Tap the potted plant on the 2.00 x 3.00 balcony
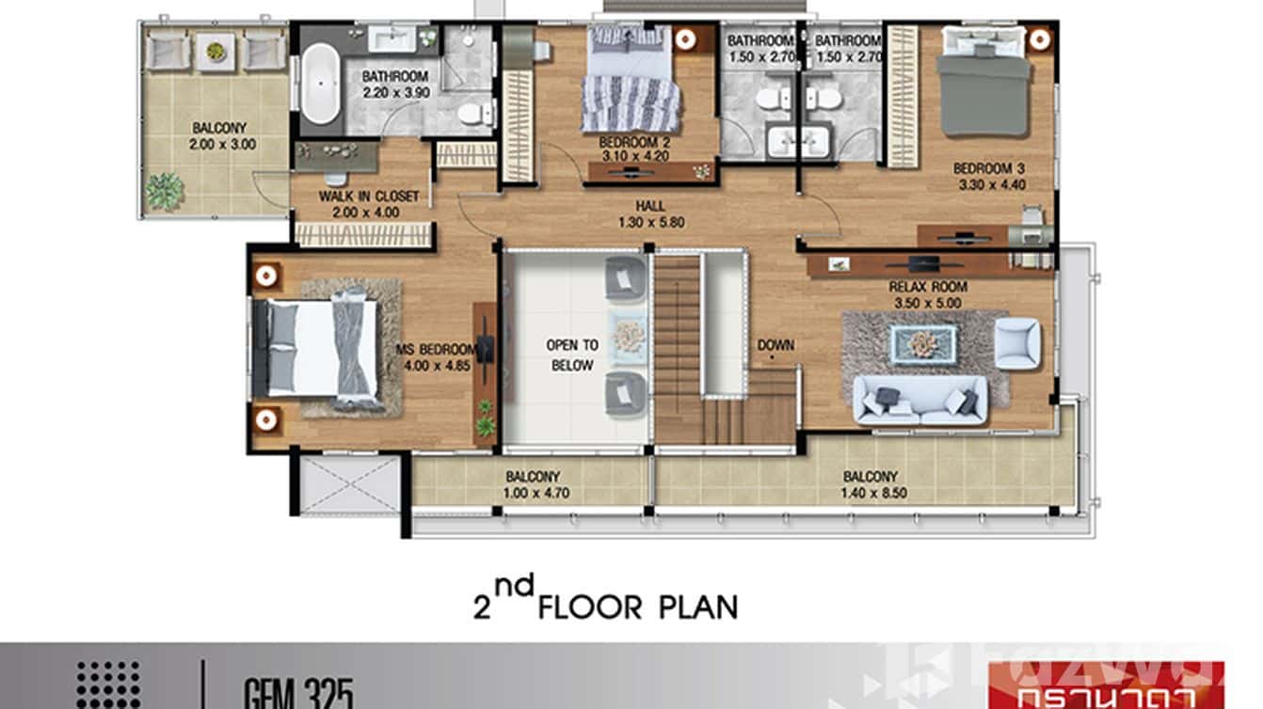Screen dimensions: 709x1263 point(165,192)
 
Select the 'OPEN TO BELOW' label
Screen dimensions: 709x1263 point(572,354)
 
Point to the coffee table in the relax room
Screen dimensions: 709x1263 point(923,344)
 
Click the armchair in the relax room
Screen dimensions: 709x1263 point(1016,343)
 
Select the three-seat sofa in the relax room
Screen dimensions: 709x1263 point(919,400)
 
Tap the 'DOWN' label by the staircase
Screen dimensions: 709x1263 point(775,345)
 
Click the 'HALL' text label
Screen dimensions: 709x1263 point(648,206)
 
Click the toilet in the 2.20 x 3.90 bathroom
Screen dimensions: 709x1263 point(472,114)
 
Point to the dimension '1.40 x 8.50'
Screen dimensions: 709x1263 point(870,493)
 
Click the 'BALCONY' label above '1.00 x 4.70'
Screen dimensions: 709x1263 point(533,477)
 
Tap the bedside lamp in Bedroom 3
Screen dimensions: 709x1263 point(1038,39)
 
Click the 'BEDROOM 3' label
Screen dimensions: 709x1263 point(988,168)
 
